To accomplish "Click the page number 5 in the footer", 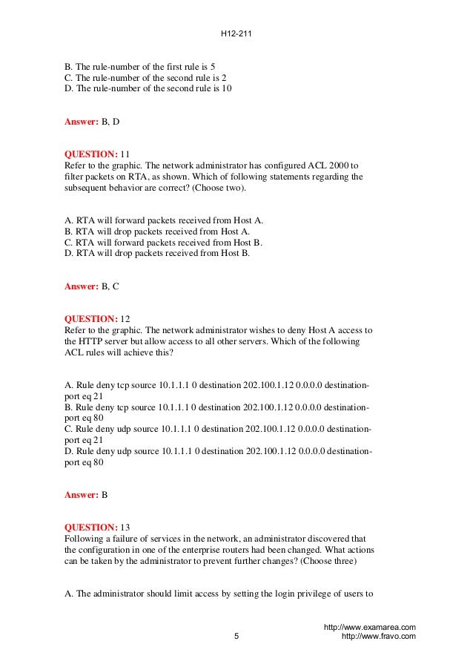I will [x=236, y=636].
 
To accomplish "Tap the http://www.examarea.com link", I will [x=370, y=627].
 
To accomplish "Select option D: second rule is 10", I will [x=148, y=89].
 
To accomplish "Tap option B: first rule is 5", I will [x=140, y=65].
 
